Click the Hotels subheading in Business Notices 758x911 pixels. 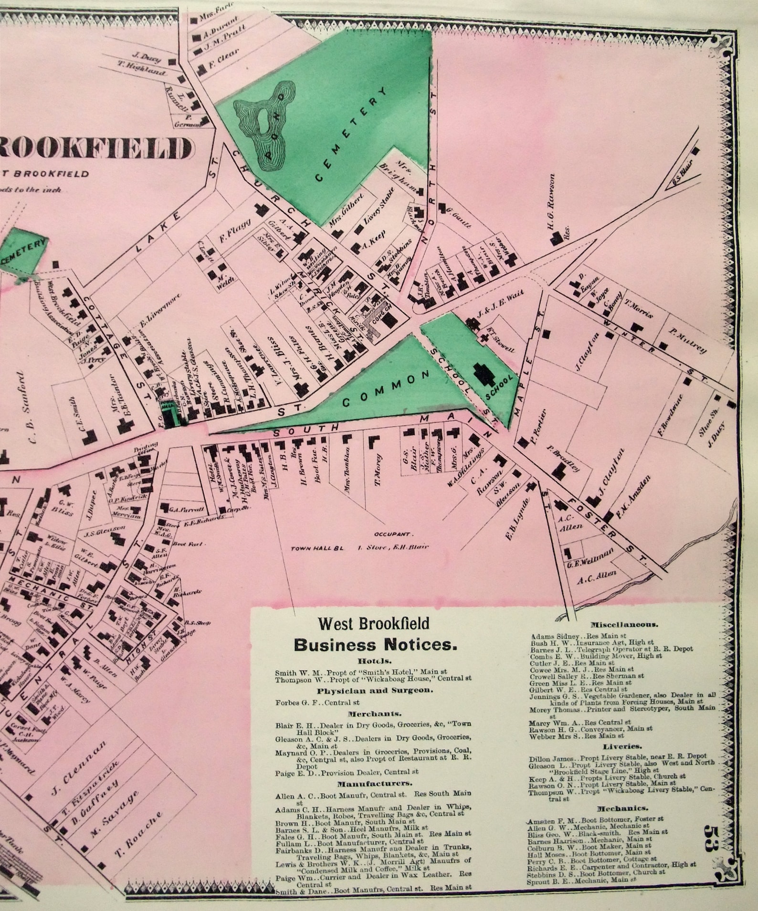coord(372,662)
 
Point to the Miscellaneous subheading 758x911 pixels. coord(624,624)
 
